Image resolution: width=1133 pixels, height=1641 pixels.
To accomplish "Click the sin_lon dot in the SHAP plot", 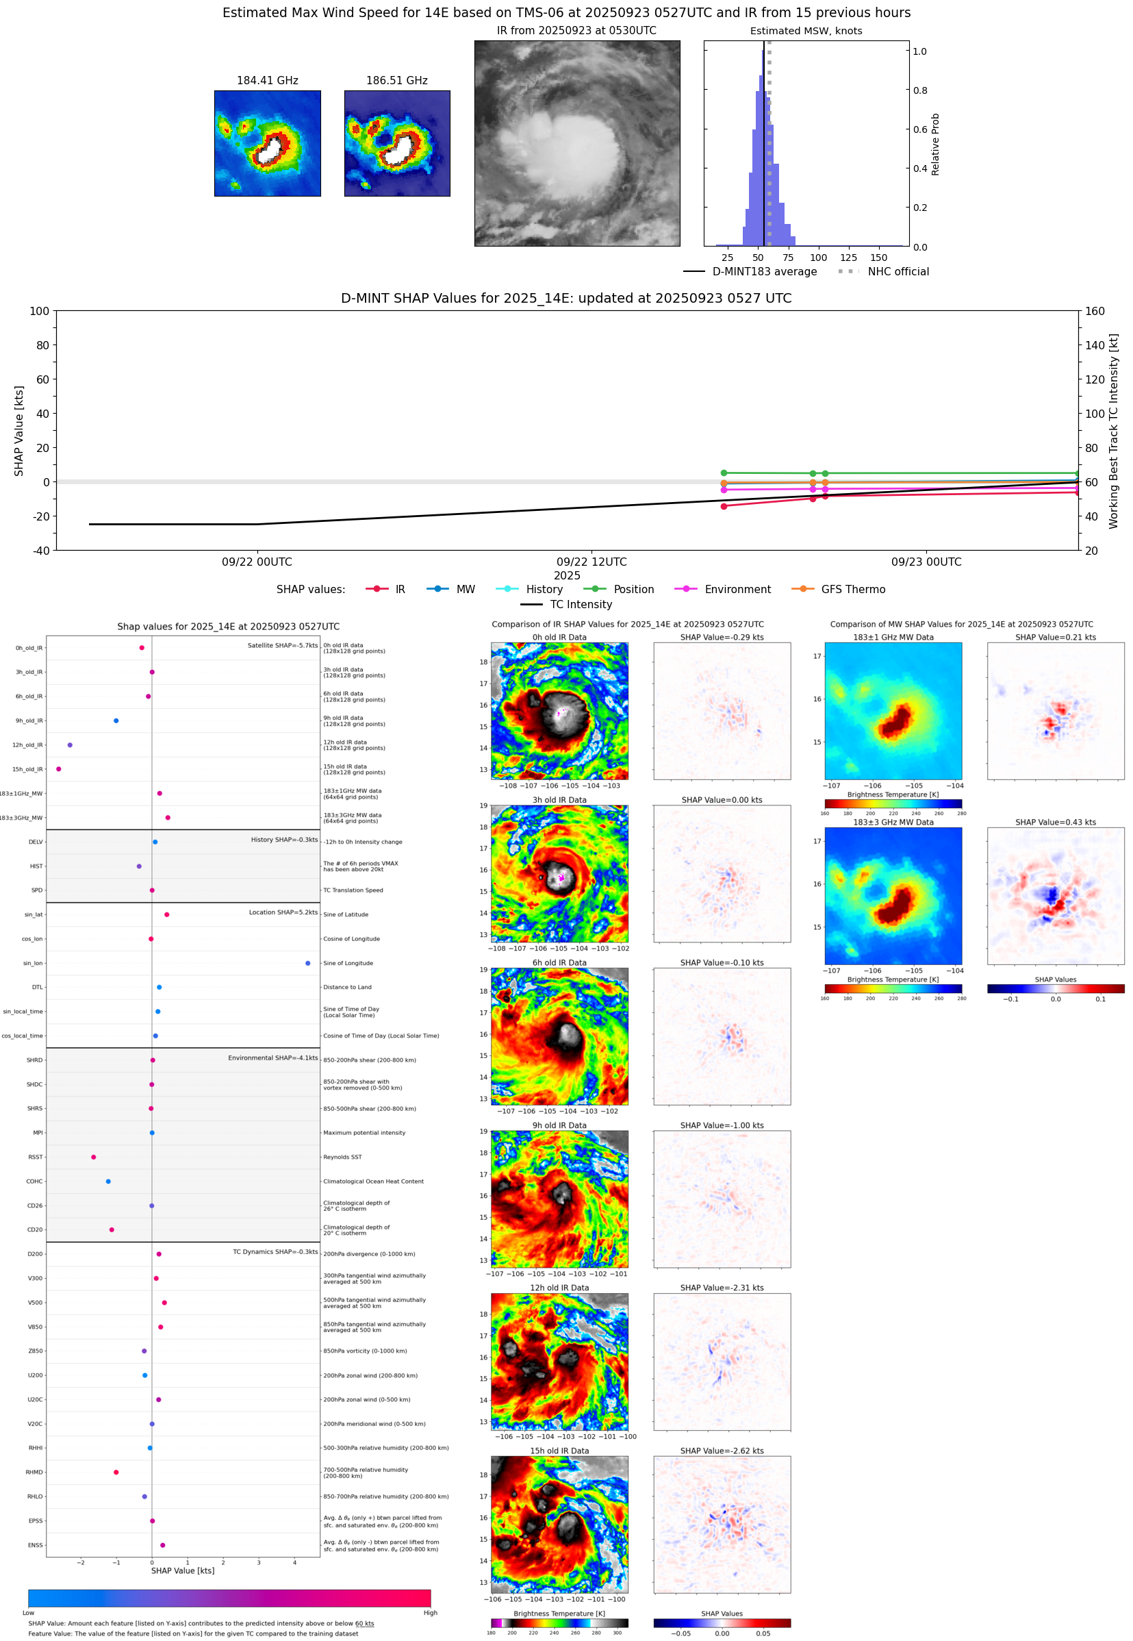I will tap(307, 963).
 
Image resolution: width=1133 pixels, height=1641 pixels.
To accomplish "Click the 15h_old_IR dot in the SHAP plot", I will tap(58, 769).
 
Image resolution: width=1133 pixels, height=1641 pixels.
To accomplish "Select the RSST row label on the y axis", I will tap(36, 1157).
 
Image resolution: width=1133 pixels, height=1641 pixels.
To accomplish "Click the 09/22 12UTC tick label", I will tap(591, 562).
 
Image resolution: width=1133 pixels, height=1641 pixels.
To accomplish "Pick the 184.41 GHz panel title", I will tap(268, 80).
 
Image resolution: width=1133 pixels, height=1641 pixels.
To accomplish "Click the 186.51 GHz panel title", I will tap(397, 80).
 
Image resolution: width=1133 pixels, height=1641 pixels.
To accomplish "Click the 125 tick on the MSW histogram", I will tap(848, 258).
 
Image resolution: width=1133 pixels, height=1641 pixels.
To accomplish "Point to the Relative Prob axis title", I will tap(935, 144).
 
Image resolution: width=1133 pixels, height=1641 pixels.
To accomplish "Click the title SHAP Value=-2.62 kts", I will tap(722, 1451).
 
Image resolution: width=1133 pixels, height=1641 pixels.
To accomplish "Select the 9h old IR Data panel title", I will tap(559, 1125).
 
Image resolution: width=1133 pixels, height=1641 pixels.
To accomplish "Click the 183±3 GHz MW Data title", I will tap(893, 823).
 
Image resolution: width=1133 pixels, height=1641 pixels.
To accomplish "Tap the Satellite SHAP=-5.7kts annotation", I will tap(283, 645).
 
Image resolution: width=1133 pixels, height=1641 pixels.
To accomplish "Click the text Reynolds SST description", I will tap(342, 1157).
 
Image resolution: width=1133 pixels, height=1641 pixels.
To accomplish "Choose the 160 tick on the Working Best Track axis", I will tap(1095, 311).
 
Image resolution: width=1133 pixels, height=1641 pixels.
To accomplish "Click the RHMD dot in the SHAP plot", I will tap(116, 1472).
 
